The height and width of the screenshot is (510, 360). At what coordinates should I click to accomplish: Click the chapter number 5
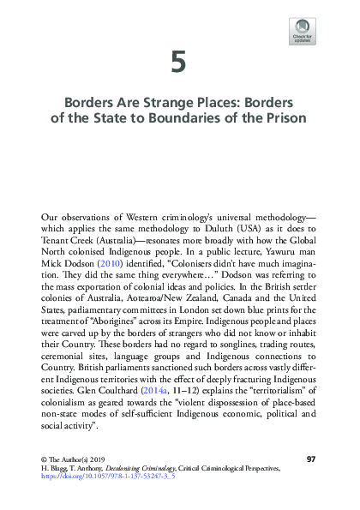[178, 62]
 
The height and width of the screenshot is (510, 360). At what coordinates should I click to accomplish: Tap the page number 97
[311, 459]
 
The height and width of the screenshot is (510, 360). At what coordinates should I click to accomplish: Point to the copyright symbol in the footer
[44, 460]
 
